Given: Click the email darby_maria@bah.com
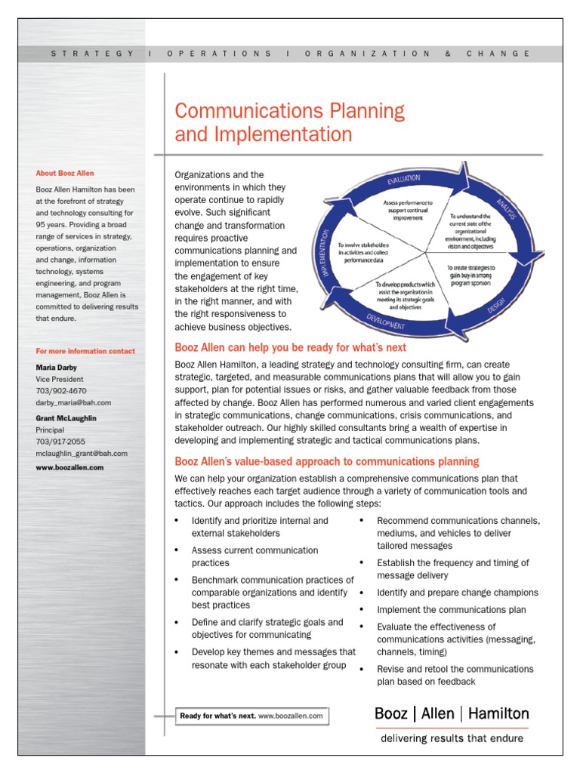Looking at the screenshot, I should [73, 403].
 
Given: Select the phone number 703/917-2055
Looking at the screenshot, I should [61, 442].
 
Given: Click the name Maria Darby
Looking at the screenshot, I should [57, 368].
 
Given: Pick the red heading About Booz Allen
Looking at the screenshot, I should [65, 173].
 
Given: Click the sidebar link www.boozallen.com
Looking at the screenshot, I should [69, 467].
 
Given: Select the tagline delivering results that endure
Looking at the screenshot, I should [452, 738].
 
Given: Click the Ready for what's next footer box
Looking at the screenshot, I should [252, 715].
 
